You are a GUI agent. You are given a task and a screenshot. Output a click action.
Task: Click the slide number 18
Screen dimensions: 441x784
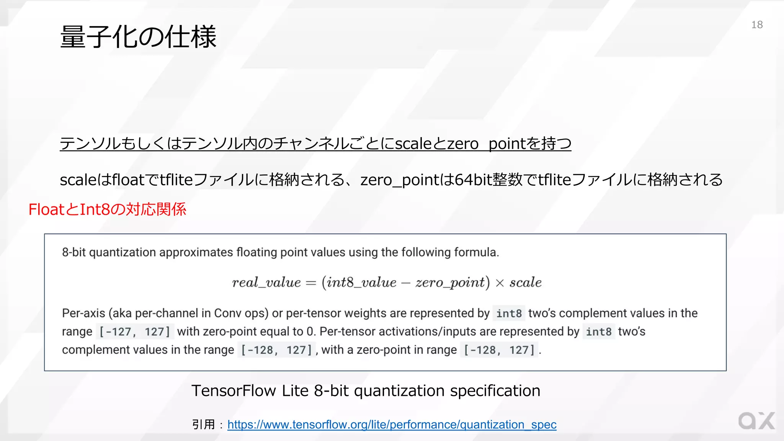click(x=757, y=25)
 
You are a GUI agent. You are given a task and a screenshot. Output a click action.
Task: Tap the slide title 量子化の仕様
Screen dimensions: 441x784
click(x=138, y=37)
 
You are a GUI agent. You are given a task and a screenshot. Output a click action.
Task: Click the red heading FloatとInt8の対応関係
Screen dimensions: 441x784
click(x=108, y=209)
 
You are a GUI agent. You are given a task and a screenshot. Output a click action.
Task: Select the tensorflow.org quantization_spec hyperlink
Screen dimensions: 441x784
click(x=392, y=425)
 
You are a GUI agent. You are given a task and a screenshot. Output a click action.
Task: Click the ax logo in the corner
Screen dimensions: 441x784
click(x=756, y=421)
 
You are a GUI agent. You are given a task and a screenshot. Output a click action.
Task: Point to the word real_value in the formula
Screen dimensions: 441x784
click(x=266, y=283)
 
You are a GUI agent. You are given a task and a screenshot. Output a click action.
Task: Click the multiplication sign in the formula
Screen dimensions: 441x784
click(x=500, y=283)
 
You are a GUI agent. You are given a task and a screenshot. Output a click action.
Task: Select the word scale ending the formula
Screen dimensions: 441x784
click(x=525, y=283)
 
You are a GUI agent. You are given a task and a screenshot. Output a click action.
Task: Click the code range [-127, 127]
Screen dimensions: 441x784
click(x=135, y=332)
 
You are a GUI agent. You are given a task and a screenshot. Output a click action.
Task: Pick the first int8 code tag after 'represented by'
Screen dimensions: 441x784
click(x=509, y=314)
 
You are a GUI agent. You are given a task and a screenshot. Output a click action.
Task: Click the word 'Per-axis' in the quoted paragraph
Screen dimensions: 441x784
click(x=83, y=313)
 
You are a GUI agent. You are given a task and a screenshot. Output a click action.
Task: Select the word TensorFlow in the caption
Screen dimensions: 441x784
click(x=234, y=391)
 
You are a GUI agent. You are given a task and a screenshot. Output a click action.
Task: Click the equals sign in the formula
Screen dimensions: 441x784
click(x=311, y=283)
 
